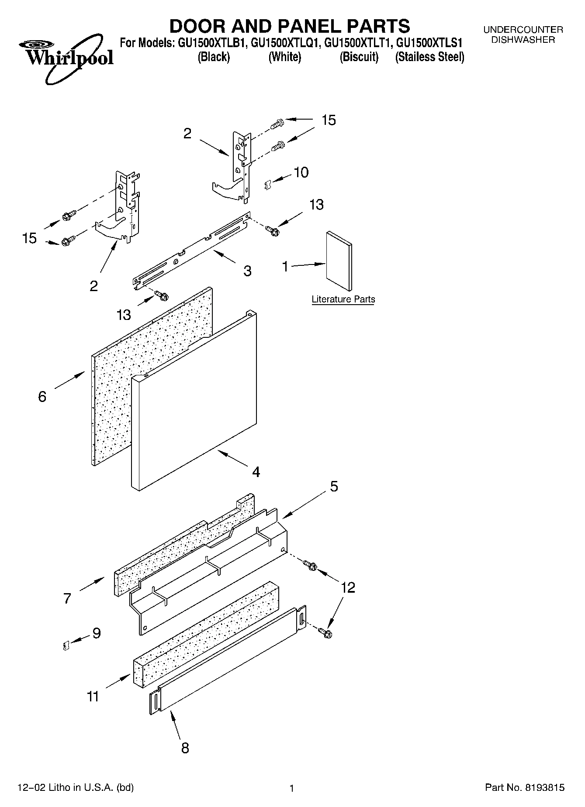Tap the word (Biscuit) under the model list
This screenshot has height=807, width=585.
[x=359, y=57]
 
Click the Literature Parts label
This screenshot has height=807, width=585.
[x=343, y=299]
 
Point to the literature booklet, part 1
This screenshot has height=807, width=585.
[x=339, y=261]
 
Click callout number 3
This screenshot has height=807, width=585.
[x=247, y=271]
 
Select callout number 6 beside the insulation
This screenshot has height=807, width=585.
[x=42, y=397]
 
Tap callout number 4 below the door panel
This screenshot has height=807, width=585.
[x=256, y=472]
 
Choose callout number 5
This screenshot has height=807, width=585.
[x=334, y=486]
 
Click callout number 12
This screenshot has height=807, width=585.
[x=348, y=587]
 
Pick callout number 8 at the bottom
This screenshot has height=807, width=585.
[x=185, y=748]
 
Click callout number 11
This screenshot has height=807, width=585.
[x=93, y=697]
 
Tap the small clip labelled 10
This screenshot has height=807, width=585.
[x=268, y=185]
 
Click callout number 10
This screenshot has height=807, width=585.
[x=301, y=172]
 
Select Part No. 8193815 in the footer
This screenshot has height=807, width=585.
[x=525, y=787]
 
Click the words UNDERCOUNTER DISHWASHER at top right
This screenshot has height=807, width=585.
[x=523, y=34]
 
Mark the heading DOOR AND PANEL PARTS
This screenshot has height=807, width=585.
[x=289, y=26]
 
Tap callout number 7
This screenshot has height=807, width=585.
[x=67, y=598]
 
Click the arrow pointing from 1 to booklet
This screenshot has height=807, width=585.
[x=308, y=264]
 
